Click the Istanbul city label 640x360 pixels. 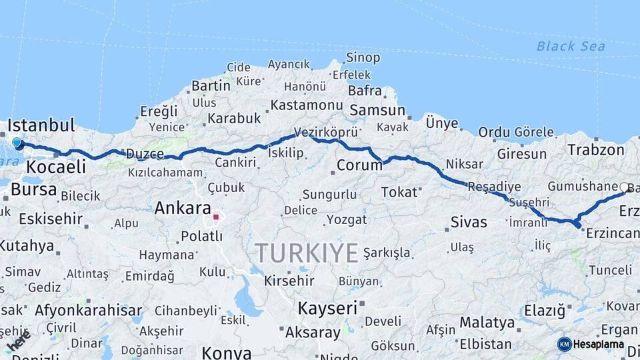41,125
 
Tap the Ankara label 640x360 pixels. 182,208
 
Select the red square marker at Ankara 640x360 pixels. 215,217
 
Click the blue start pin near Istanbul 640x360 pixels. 17,142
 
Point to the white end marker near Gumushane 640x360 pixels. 624,187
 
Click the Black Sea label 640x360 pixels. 571,46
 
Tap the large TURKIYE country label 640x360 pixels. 307,253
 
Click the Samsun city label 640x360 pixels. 377,110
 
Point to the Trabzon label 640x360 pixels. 595,150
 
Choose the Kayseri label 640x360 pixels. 327,308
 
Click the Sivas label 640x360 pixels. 469,221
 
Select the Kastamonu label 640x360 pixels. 307,105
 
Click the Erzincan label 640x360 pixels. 611,233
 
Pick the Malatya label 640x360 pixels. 487,323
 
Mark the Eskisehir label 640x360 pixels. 51,219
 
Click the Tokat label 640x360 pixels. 398,192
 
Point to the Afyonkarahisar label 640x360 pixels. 88,310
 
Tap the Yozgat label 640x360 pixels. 346,219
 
